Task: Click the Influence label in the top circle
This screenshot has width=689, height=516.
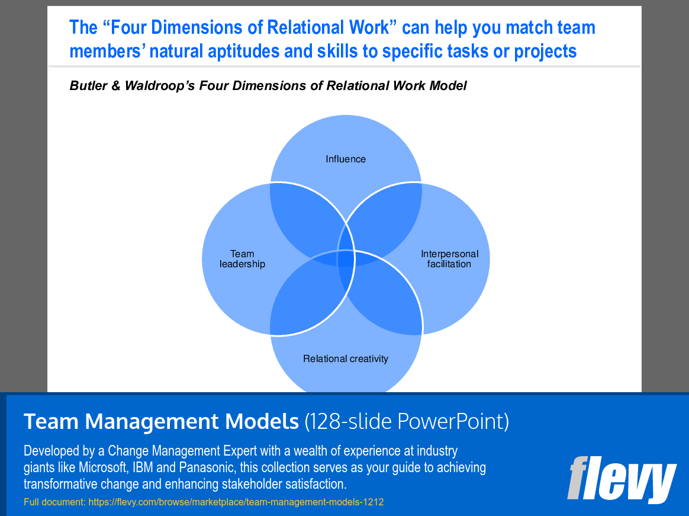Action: [346, 159]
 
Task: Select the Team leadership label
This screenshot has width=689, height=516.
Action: [242, 259]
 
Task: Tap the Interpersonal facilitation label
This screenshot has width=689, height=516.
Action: [449, 259]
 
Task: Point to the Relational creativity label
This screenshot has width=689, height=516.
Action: [346, 358]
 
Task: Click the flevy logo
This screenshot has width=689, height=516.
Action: [621, 478]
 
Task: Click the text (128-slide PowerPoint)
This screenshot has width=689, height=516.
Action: [407, 421]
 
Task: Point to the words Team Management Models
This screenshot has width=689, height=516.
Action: [161, 421]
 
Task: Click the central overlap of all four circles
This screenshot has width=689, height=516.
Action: [346, 259]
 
